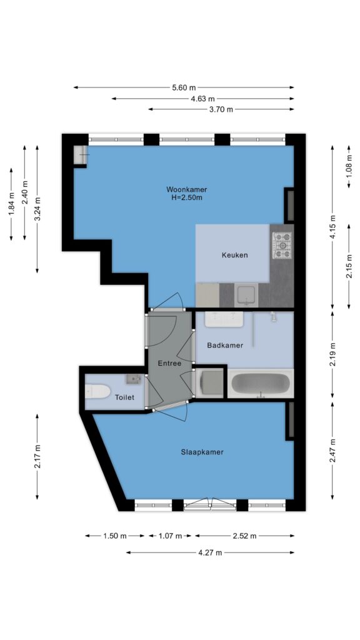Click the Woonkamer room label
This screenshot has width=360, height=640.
tap(186, 189)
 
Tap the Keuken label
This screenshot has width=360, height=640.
tap(235, 255)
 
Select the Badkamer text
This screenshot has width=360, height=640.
tap(225, 345)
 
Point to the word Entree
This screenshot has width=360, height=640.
tap(169, 363)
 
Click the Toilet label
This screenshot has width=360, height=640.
tap(124, 397)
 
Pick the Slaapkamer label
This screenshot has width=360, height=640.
tap(202, 452)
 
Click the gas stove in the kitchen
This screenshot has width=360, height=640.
tap(282, 245)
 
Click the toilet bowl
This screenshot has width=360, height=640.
tap(98, 392)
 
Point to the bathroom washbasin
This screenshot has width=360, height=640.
tap(224, 319)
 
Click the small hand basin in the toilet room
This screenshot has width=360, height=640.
tap(133, 379)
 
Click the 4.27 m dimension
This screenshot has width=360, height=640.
tap(210, 552)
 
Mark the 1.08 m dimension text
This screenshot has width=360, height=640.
tap(349, 167)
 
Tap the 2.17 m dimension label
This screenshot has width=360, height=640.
tap(37, 457)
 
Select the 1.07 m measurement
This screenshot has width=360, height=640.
tap(170, 536)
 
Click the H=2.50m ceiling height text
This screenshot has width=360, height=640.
tap(186, 198)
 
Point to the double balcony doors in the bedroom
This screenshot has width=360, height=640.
tap(210, 504)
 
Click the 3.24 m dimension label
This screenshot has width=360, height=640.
tap(37, 209)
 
